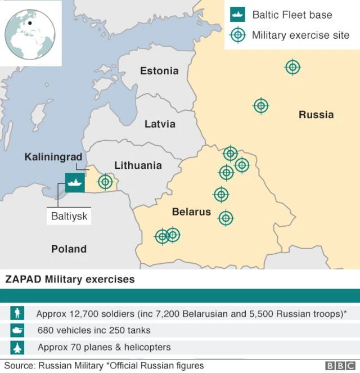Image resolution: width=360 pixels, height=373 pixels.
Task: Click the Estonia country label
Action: tap(159, 71)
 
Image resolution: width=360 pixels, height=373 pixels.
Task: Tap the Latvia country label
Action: tap(160, 124)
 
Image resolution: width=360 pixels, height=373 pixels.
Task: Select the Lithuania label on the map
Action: tap(138, 165)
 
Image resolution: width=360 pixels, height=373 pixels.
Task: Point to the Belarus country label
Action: tap(191, 212)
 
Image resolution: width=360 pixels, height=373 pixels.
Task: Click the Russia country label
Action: tap(316, 115)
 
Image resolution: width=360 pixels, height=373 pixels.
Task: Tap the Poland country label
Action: tap(69, 249)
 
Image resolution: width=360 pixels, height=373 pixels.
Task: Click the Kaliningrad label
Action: tap(53, 156)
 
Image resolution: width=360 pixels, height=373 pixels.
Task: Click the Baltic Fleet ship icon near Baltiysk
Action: tap(75, 182)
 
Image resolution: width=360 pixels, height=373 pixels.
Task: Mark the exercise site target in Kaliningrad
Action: tap(105, 182)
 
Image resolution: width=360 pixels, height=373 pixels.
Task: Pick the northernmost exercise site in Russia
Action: tap(292, 68)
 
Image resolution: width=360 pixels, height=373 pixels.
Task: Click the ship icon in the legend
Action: tap(238, 15)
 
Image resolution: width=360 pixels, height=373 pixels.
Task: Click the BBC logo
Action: tap(338, 366)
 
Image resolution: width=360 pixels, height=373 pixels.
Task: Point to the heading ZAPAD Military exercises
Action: tap(70, 279)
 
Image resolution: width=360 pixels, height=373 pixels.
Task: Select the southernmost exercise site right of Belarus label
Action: tap(226, 218)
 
